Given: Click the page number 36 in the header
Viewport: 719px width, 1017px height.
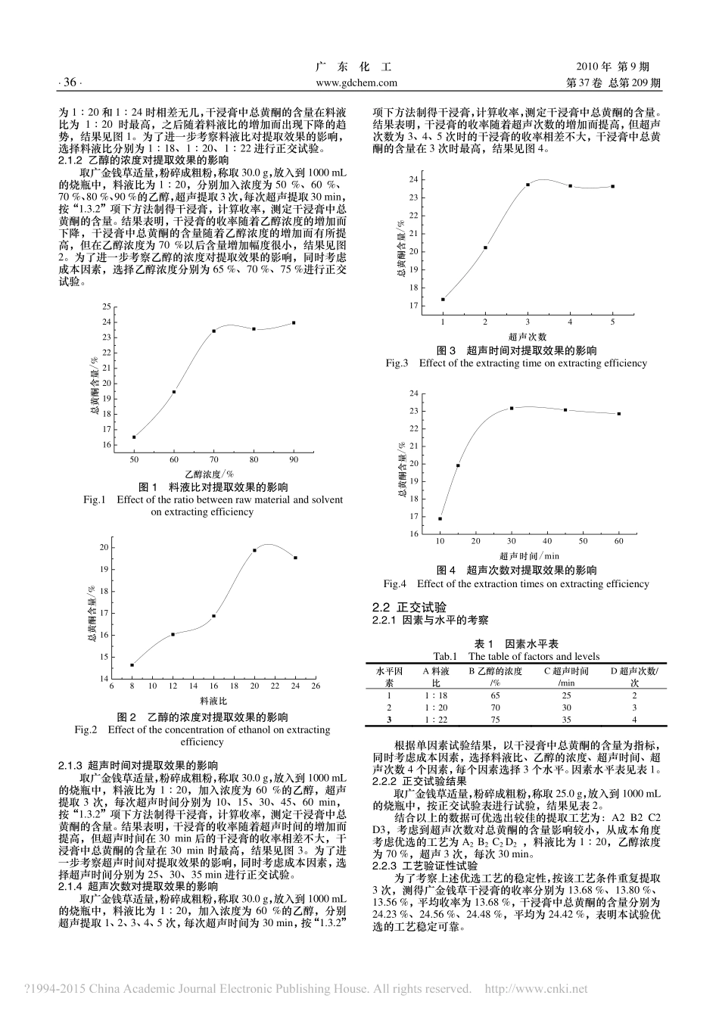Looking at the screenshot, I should (70, 82).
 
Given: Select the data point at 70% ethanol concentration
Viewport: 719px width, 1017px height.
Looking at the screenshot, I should (213, 331).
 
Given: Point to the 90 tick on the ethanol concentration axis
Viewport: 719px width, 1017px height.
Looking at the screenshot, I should (294, 459).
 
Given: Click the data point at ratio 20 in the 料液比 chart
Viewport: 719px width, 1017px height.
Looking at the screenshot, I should (254, 550).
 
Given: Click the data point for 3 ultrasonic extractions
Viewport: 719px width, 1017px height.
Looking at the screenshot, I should (528, 185).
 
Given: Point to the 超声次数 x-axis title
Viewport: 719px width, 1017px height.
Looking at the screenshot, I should (528, 336).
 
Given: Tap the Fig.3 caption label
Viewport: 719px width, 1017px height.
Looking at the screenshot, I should (397, 363).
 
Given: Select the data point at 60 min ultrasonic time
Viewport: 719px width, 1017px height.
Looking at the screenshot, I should (618, 413).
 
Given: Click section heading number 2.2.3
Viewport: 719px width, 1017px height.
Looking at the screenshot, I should (386, 864).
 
